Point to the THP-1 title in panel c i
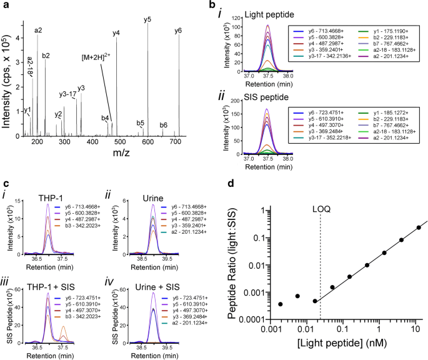pyautogui.click(x=55, y=197)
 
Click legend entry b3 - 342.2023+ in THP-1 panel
pyautogui.click(x=96, y=237)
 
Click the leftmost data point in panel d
pyautogui.click(x=280, y=304)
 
